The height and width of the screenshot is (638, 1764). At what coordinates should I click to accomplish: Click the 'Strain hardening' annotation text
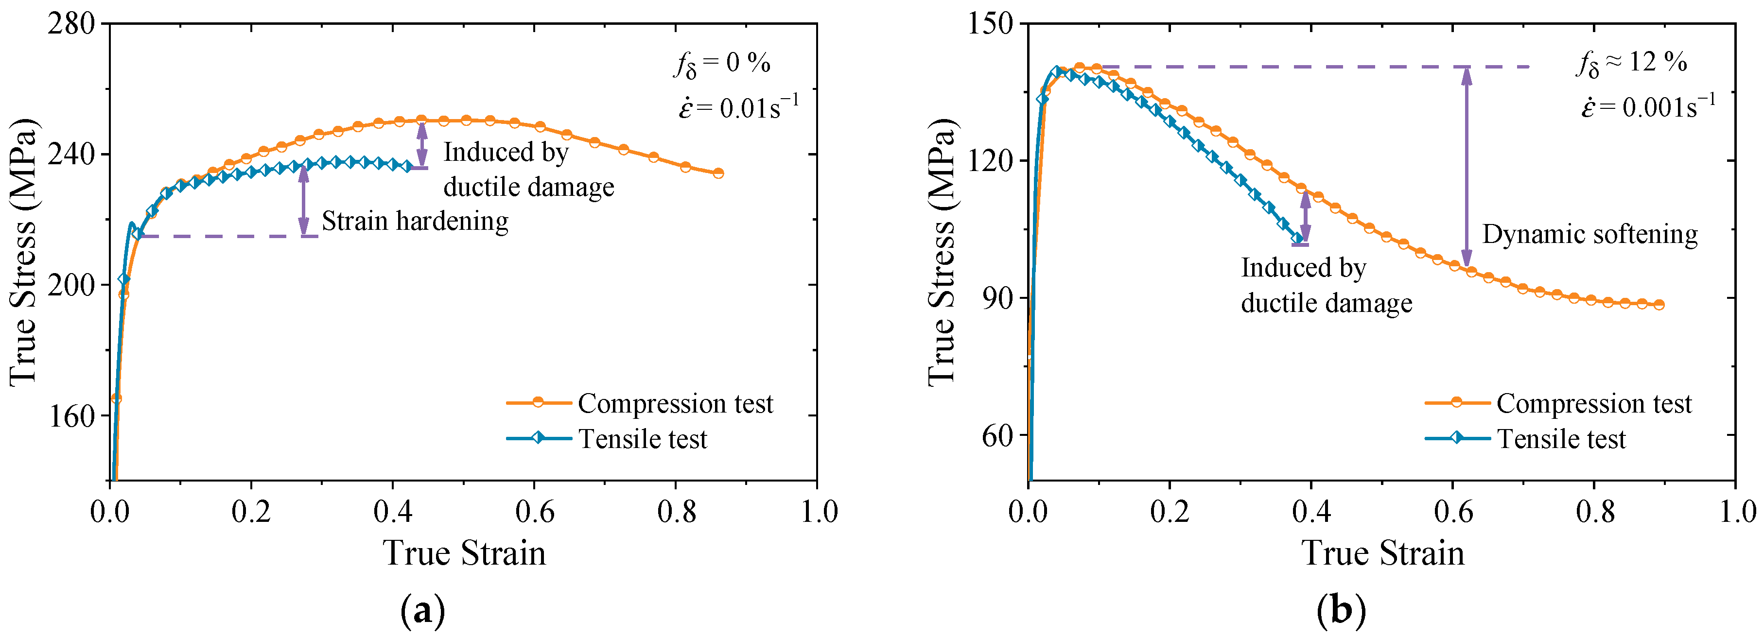point(415,221)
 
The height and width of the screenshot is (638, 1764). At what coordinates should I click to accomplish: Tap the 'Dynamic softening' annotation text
point(1589,234)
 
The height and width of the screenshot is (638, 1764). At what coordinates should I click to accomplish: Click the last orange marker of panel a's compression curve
point(717,173)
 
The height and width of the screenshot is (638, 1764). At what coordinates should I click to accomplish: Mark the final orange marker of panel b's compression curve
point(1659,305)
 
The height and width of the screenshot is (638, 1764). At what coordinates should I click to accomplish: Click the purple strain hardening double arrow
point(303,200)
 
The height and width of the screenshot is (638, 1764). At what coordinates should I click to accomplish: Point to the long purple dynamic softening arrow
point(1466,166)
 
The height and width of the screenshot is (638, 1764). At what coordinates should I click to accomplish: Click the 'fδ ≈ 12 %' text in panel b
point(1631,63)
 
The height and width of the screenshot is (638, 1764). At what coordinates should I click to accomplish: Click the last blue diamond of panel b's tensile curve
point(1296,238)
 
